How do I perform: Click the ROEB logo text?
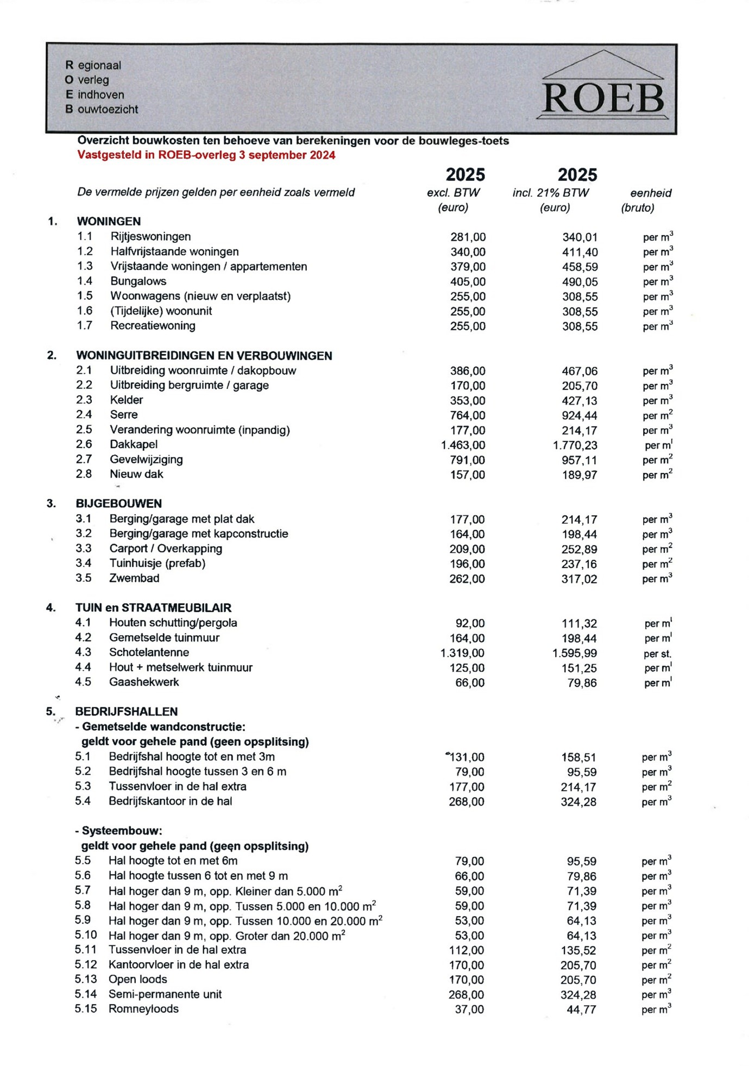pyautogui.click(x=603, y=98)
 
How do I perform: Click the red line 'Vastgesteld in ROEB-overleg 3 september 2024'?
pyautogui.click(x=206, y=155)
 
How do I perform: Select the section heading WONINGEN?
pyautogui.click(x=109, y=221)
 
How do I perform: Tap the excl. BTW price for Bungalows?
pyautogui.click(x=468, y=281)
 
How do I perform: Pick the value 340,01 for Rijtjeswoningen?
pyautogui.click(x=580, y=237)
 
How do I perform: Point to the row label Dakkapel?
pyautogui.click(x=134, y=444)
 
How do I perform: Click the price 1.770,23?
pyautogui.click(x=575, y=445)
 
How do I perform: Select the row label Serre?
pyautogui.click(x=124, y=415)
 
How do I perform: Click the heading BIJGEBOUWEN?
pyautogui.click(x=118, y=503)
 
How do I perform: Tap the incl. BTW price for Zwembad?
pyautogui.click(x=579, y=579)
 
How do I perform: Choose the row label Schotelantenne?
pyautogui.click(x=149, y=652)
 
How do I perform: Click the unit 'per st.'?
pyautogui.click(x=657, y=654)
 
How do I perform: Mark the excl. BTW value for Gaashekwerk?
pyautogui.click(x=470, y=682)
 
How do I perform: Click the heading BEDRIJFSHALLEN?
pyautogui.click(x=126, y=711)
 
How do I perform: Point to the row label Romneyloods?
pyautogui.click(x=143, y=1008)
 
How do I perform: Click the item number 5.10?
pyautogui.click(x=86, y=935)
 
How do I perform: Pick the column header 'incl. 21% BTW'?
pyautogui.click(x=550, y=193)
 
